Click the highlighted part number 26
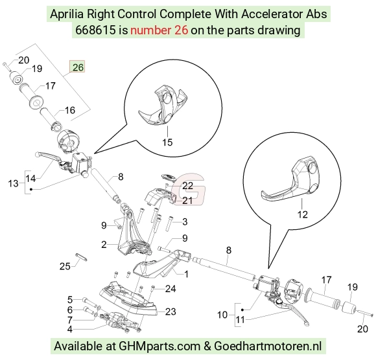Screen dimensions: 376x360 point(77,67)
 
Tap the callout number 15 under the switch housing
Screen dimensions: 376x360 point(167,142)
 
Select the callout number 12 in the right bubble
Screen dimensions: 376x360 point(302,214)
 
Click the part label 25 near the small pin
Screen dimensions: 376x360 point(65,266)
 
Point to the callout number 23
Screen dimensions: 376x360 point(170,311)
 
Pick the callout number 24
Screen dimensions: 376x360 point(170,289)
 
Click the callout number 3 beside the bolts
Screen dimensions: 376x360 point(185,221)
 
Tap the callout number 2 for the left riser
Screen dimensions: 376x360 point(104,245)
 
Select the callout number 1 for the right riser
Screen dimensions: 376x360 point(186,274)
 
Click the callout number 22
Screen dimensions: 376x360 point(187,186)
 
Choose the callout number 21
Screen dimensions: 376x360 point(187,201)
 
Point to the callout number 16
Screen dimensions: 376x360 point(70,110)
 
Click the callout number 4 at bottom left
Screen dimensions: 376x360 point(70,330)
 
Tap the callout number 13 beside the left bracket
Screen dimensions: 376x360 point(13,183)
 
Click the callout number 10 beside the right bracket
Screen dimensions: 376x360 point(222,315)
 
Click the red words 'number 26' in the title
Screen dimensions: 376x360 point(159,30)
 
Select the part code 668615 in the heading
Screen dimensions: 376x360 point(95,30)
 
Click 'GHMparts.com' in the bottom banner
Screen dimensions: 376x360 point(159,346)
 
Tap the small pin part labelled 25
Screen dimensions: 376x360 point(82,256)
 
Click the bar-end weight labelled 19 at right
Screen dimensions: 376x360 point(349,308)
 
